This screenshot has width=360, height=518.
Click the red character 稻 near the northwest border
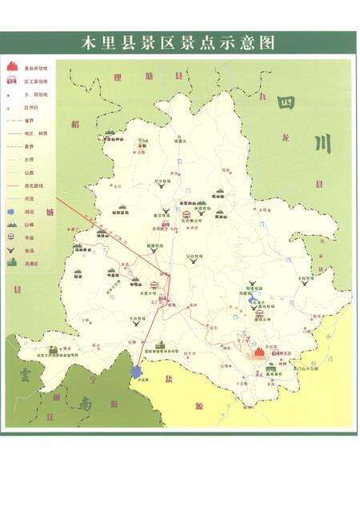[74, 125]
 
